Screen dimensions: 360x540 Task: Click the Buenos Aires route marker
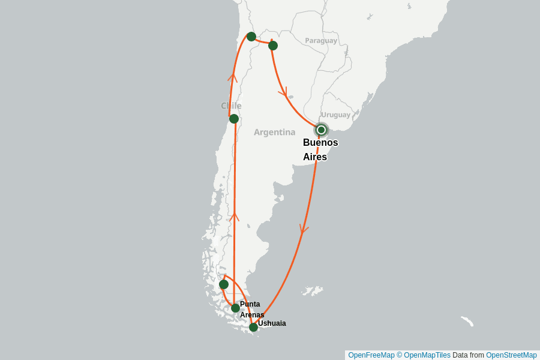321,130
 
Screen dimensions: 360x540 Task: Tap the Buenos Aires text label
320,149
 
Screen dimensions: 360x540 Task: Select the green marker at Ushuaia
253,327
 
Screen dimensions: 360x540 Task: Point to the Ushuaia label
272,323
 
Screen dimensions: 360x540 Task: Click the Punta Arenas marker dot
235,308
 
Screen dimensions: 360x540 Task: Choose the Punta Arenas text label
251,309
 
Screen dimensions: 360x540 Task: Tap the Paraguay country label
321,41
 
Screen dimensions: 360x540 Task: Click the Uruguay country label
335,115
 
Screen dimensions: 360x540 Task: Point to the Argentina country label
274,132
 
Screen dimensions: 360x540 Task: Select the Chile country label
231,106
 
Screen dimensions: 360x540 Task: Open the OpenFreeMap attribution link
371,355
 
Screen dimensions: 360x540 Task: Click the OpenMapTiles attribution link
424,355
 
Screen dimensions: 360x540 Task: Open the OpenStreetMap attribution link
511,355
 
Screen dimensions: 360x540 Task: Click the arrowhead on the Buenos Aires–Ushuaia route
304,229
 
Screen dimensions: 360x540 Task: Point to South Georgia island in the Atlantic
467,321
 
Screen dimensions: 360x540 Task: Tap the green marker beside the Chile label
234,119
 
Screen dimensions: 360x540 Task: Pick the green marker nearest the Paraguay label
273,46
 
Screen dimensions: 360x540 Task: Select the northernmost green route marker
251,37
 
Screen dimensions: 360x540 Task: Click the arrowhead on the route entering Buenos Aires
282,93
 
